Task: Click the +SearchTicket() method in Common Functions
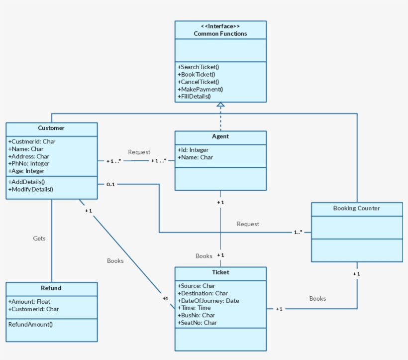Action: (x=199, y=67)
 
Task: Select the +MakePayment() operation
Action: (x=200, y=89)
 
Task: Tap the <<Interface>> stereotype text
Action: (x=220, y=26)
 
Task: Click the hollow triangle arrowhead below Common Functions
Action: (x=220, y=105)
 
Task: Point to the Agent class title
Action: (x=220, y=136)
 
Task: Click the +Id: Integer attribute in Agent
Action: (x=193, y=150)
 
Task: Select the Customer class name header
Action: (x=51, y=128)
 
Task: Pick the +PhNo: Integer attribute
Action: (x=29, y=163)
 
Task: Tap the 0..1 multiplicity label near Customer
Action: (x=110, y=185)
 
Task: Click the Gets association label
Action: (x=39, y=239)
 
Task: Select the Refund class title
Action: (x=51, y=288)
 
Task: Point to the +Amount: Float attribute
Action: (x=29, y=301)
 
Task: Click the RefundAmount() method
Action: (x=30, y=324)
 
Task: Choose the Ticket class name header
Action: (x=220, y=272)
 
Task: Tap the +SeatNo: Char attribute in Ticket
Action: (x=197, y=323)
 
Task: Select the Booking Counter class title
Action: (x=356, y=208)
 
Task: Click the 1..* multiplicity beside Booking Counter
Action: (x=298, y=232)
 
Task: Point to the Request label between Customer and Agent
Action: (x=139, y=152)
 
